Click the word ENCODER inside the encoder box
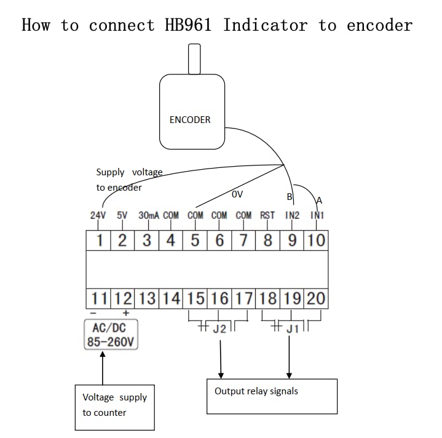[x=190, y=120]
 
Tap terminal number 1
[x=100, y=241]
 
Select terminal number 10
[x=316, y=241]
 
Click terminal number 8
[x=267, y=241]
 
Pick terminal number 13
[x=147, y=298]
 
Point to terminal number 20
[x=316, y=298]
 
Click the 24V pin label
[x=98, y=215]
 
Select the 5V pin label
[x=122, y=215]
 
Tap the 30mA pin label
[x=149, y=215]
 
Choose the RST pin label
[x=267, y=215]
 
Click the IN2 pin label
[x=292, y=215]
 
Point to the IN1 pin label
[x=317, y=215]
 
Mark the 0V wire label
[x=237, y=194]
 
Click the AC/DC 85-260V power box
[x=111, y=335]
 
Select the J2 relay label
[x=219, y=329]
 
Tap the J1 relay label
[x=293, y=329]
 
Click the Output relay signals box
[x=272, y=396]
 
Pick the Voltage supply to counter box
[x=115, y=407]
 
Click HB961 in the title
[x=188, y=25]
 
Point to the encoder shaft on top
[x=194, y=59]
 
